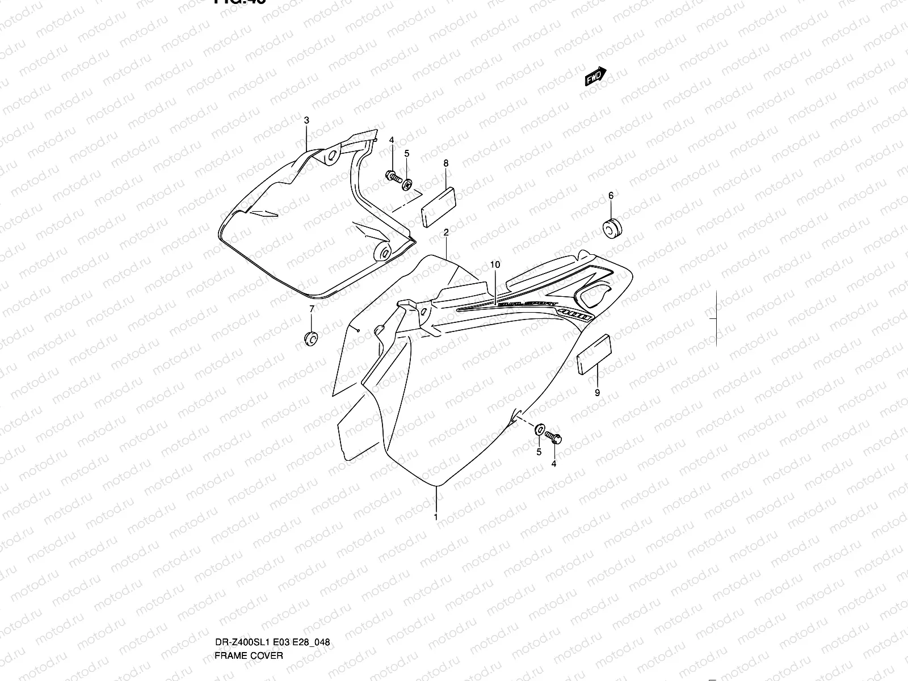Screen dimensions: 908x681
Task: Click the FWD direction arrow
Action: tap(596, 77)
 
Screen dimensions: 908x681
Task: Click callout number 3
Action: tap(306, 120)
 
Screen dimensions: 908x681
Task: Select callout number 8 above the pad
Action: tap(446, 163)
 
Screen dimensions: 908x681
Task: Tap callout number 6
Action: tap(611, 196)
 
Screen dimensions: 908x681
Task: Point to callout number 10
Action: tap(495, 264)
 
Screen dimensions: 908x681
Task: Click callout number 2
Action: tap(446, 233)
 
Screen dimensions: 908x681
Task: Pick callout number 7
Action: tap(311, 309)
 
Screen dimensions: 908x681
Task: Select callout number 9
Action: tap(597, 393)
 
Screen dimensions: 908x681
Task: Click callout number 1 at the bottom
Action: tap(435, 517)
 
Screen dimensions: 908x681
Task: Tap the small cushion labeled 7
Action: tap(311, 339)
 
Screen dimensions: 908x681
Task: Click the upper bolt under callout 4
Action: tap(392, 175)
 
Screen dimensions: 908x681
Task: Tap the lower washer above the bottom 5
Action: tap(539, 428)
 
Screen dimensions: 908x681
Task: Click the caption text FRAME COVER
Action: tap(249, 608)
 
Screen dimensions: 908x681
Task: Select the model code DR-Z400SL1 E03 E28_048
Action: tap(272, 595)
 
